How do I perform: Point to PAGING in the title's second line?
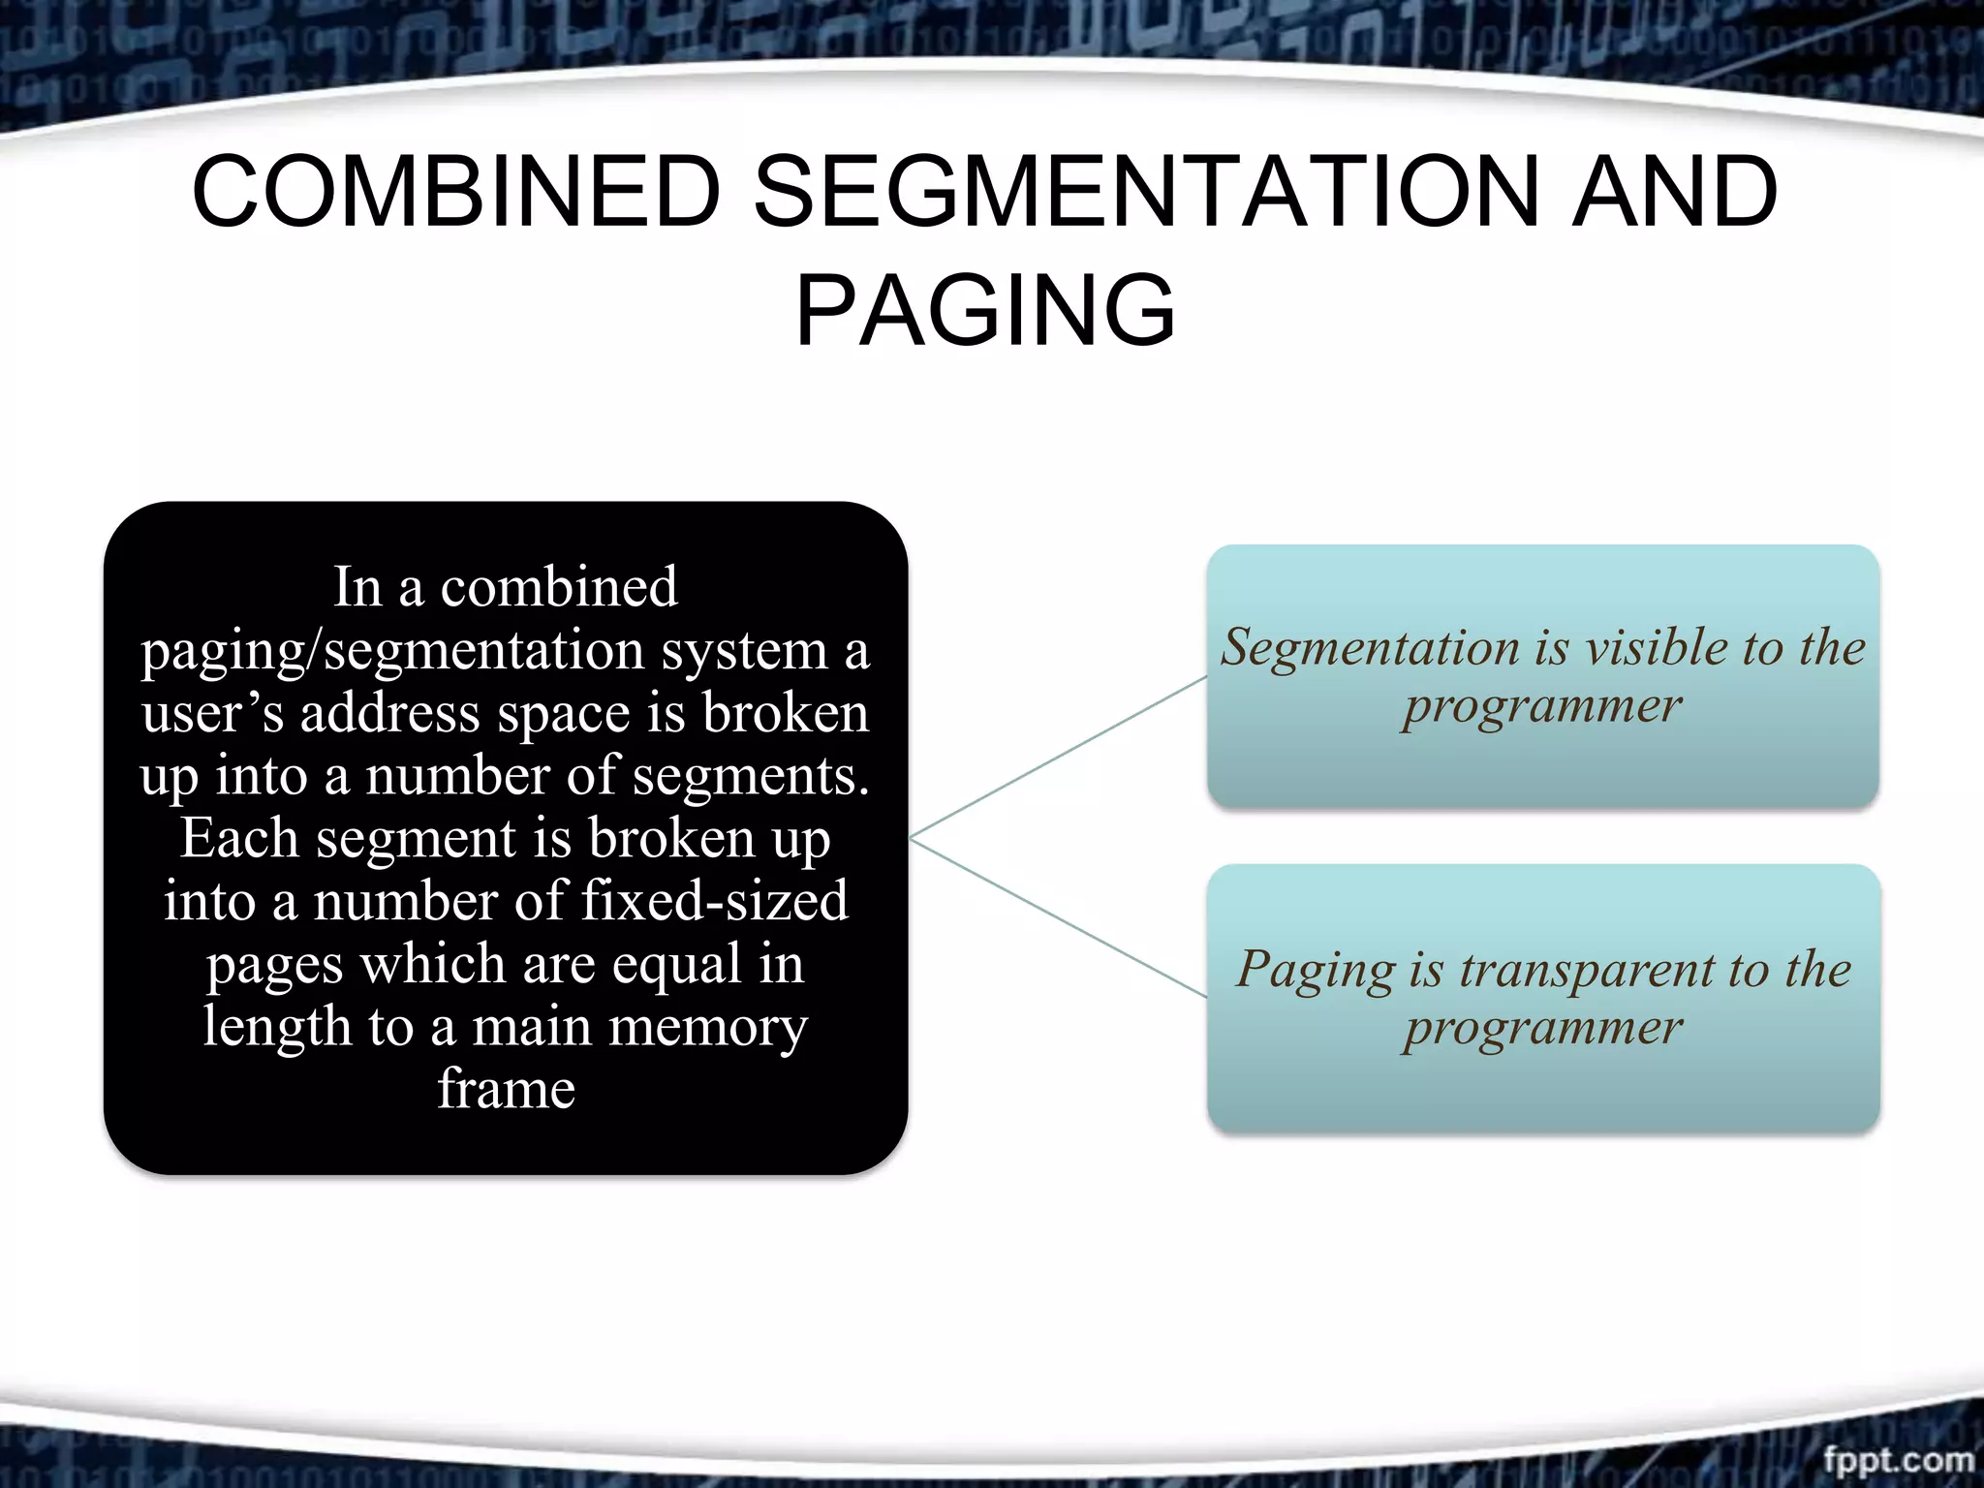point(985,311)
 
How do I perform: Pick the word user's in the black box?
point(212,713)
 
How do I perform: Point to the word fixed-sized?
point(714,901)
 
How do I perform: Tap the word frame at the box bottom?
point(506,1089)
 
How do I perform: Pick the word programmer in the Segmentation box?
point(1542,706)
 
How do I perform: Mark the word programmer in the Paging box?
point(1542,1028)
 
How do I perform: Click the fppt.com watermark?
point(1898,1460)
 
